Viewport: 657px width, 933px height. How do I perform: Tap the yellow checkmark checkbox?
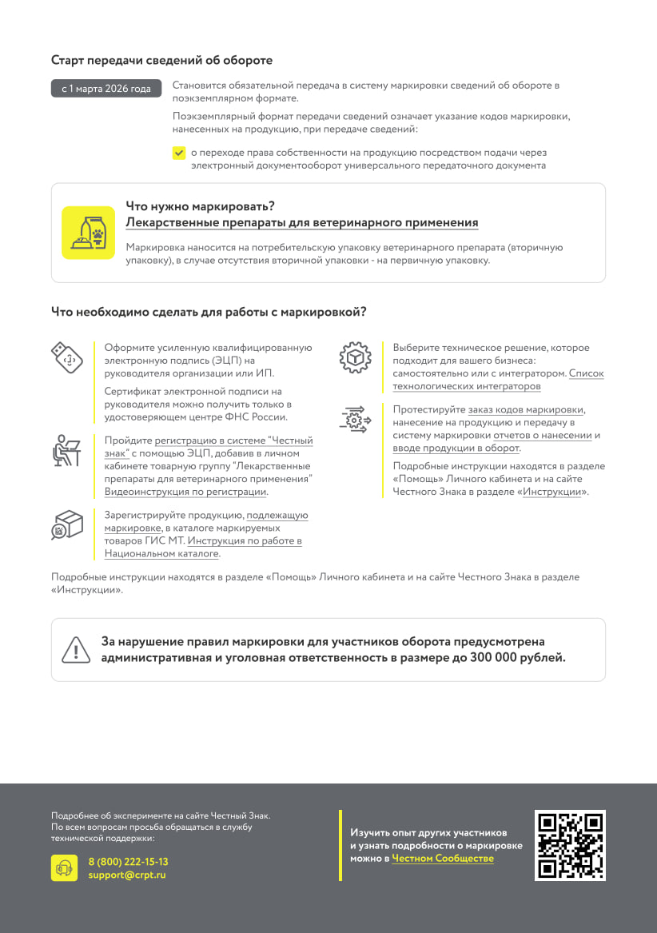tap(179, 153)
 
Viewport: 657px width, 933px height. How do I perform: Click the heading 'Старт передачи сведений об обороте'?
tap(161, 60)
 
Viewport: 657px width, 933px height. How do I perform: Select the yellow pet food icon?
tap(89, 233)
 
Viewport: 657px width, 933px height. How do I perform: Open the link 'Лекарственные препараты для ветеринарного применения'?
tap(302, 222)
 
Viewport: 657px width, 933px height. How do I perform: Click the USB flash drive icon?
tap(67, 357)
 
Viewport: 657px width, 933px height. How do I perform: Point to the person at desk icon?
tap(66, 451)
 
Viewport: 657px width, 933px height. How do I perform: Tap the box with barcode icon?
tap(67, 524)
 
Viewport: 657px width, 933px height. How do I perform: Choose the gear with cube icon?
tap(355, 357)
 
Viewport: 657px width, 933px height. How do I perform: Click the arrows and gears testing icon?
tap(355, 420)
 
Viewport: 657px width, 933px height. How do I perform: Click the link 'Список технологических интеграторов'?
tap(466, 386)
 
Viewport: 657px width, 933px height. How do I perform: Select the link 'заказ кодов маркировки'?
tap(525, 409)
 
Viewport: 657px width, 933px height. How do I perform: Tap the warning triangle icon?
tap(76, 649)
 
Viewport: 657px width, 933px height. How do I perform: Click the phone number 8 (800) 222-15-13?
tap(128, 862)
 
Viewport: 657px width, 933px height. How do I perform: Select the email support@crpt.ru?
tap(127, 875)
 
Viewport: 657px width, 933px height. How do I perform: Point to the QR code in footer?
tap(570, 845)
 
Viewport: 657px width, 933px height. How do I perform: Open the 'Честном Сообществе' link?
tap(442, 859)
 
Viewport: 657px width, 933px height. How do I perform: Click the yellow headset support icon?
tap(65, 868)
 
